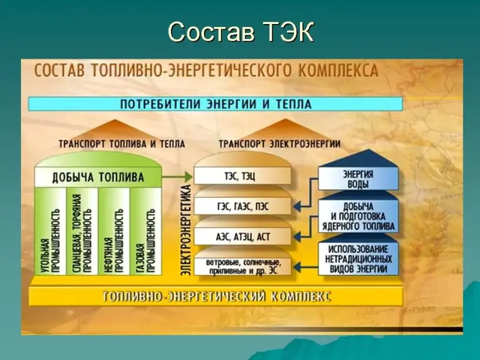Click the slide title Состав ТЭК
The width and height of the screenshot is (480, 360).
coord(241,32)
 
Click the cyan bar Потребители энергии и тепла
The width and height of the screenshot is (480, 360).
coord(215,104)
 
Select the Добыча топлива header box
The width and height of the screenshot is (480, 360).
coord(98,177)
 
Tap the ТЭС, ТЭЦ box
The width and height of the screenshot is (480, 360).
coord(242,176)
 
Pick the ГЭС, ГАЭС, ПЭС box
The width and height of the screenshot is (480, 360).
coord(242,206)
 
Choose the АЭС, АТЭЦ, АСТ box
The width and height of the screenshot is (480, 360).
coord(242,236)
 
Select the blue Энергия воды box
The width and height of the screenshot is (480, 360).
coord(358,179)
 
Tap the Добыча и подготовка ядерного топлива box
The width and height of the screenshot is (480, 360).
coord(358,217)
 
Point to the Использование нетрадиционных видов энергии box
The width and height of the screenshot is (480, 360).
coord(358,259)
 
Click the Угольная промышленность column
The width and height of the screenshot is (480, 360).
coord(50,231)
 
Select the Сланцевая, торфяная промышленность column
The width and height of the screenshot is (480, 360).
coord(82,231)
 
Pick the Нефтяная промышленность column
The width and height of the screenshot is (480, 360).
coord(114,231)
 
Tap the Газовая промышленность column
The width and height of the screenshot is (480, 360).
coord(146,231)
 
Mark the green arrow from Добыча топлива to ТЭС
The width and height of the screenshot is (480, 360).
coord(177,176)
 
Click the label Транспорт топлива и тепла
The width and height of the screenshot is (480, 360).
coord(122,144)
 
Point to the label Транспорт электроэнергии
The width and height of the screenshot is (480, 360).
coord(280,144)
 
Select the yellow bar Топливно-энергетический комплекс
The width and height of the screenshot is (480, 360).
coord(215,296)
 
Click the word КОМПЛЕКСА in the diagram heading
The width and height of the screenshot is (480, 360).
coord(338,70)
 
